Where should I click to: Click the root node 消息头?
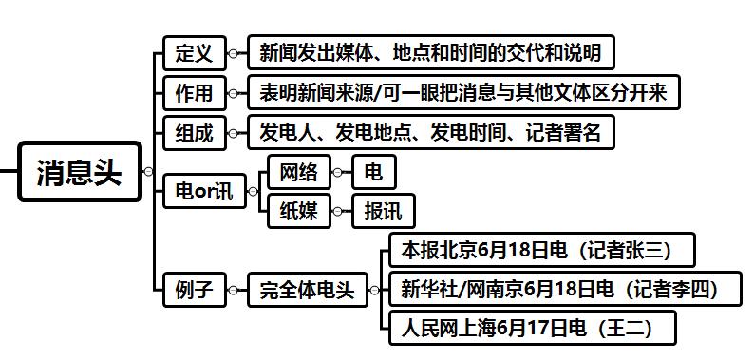tap(80, 172)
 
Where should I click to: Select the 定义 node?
tap(194, 53)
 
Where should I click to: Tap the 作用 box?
tap(194, 93)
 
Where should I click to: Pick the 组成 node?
tap(194, 132)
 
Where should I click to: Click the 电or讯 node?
tap(203, 191)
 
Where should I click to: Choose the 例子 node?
tap(194, 288)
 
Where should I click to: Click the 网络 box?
tap(298, 172)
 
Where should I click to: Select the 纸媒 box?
tap(298, 211)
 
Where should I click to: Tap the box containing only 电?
tap(373, 172)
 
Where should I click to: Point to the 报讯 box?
tap(383, 211)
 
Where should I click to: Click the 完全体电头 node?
tap(307, 288)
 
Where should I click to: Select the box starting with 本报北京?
tap(537, 250)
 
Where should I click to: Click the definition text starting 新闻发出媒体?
tap(430, 53)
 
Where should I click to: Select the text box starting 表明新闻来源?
tap(463, 93)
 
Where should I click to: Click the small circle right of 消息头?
tap(147, 172)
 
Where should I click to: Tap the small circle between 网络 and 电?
tap(338, 172)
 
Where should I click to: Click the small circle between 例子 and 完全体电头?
tap(234, 288)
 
